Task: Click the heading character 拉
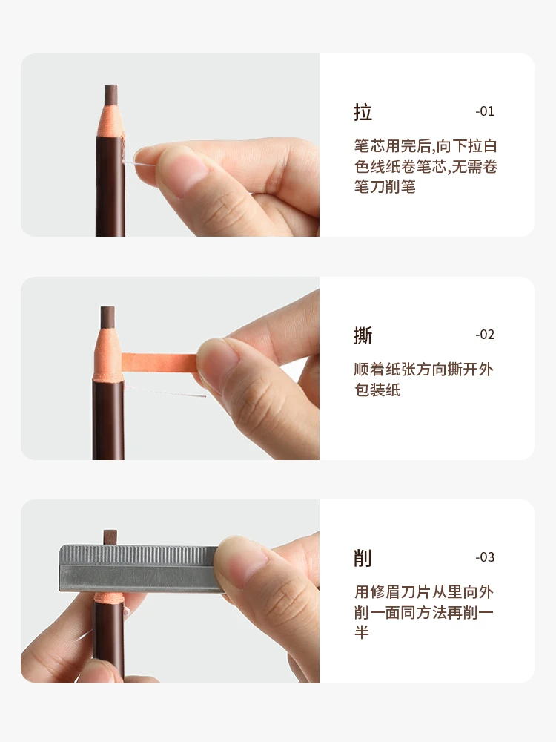(x=363, y=113)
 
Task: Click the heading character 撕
(x=363, y=335)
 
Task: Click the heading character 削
(x=363, y=558)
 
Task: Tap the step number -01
(x=485, y=112)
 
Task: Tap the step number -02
(x=485, y=335)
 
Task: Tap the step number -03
(x=485, y=557)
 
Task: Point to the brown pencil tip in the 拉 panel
(x=111, y=94)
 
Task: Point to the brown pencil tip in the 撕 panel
(x=108, y=316)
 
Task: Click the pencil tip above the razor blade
(x=110, y=536)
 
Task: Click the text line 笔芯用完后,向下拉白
(x=426, y=146)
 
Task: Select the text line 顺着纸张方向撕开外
(x=424, y=369)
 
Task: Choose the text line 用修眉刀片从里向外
(x=424, y=591)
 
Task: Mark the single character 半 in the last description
(x=362, y=633)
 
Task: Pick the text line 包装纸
(x=377, y=390)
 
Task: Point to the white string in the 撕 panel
(x=167, y=391)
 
